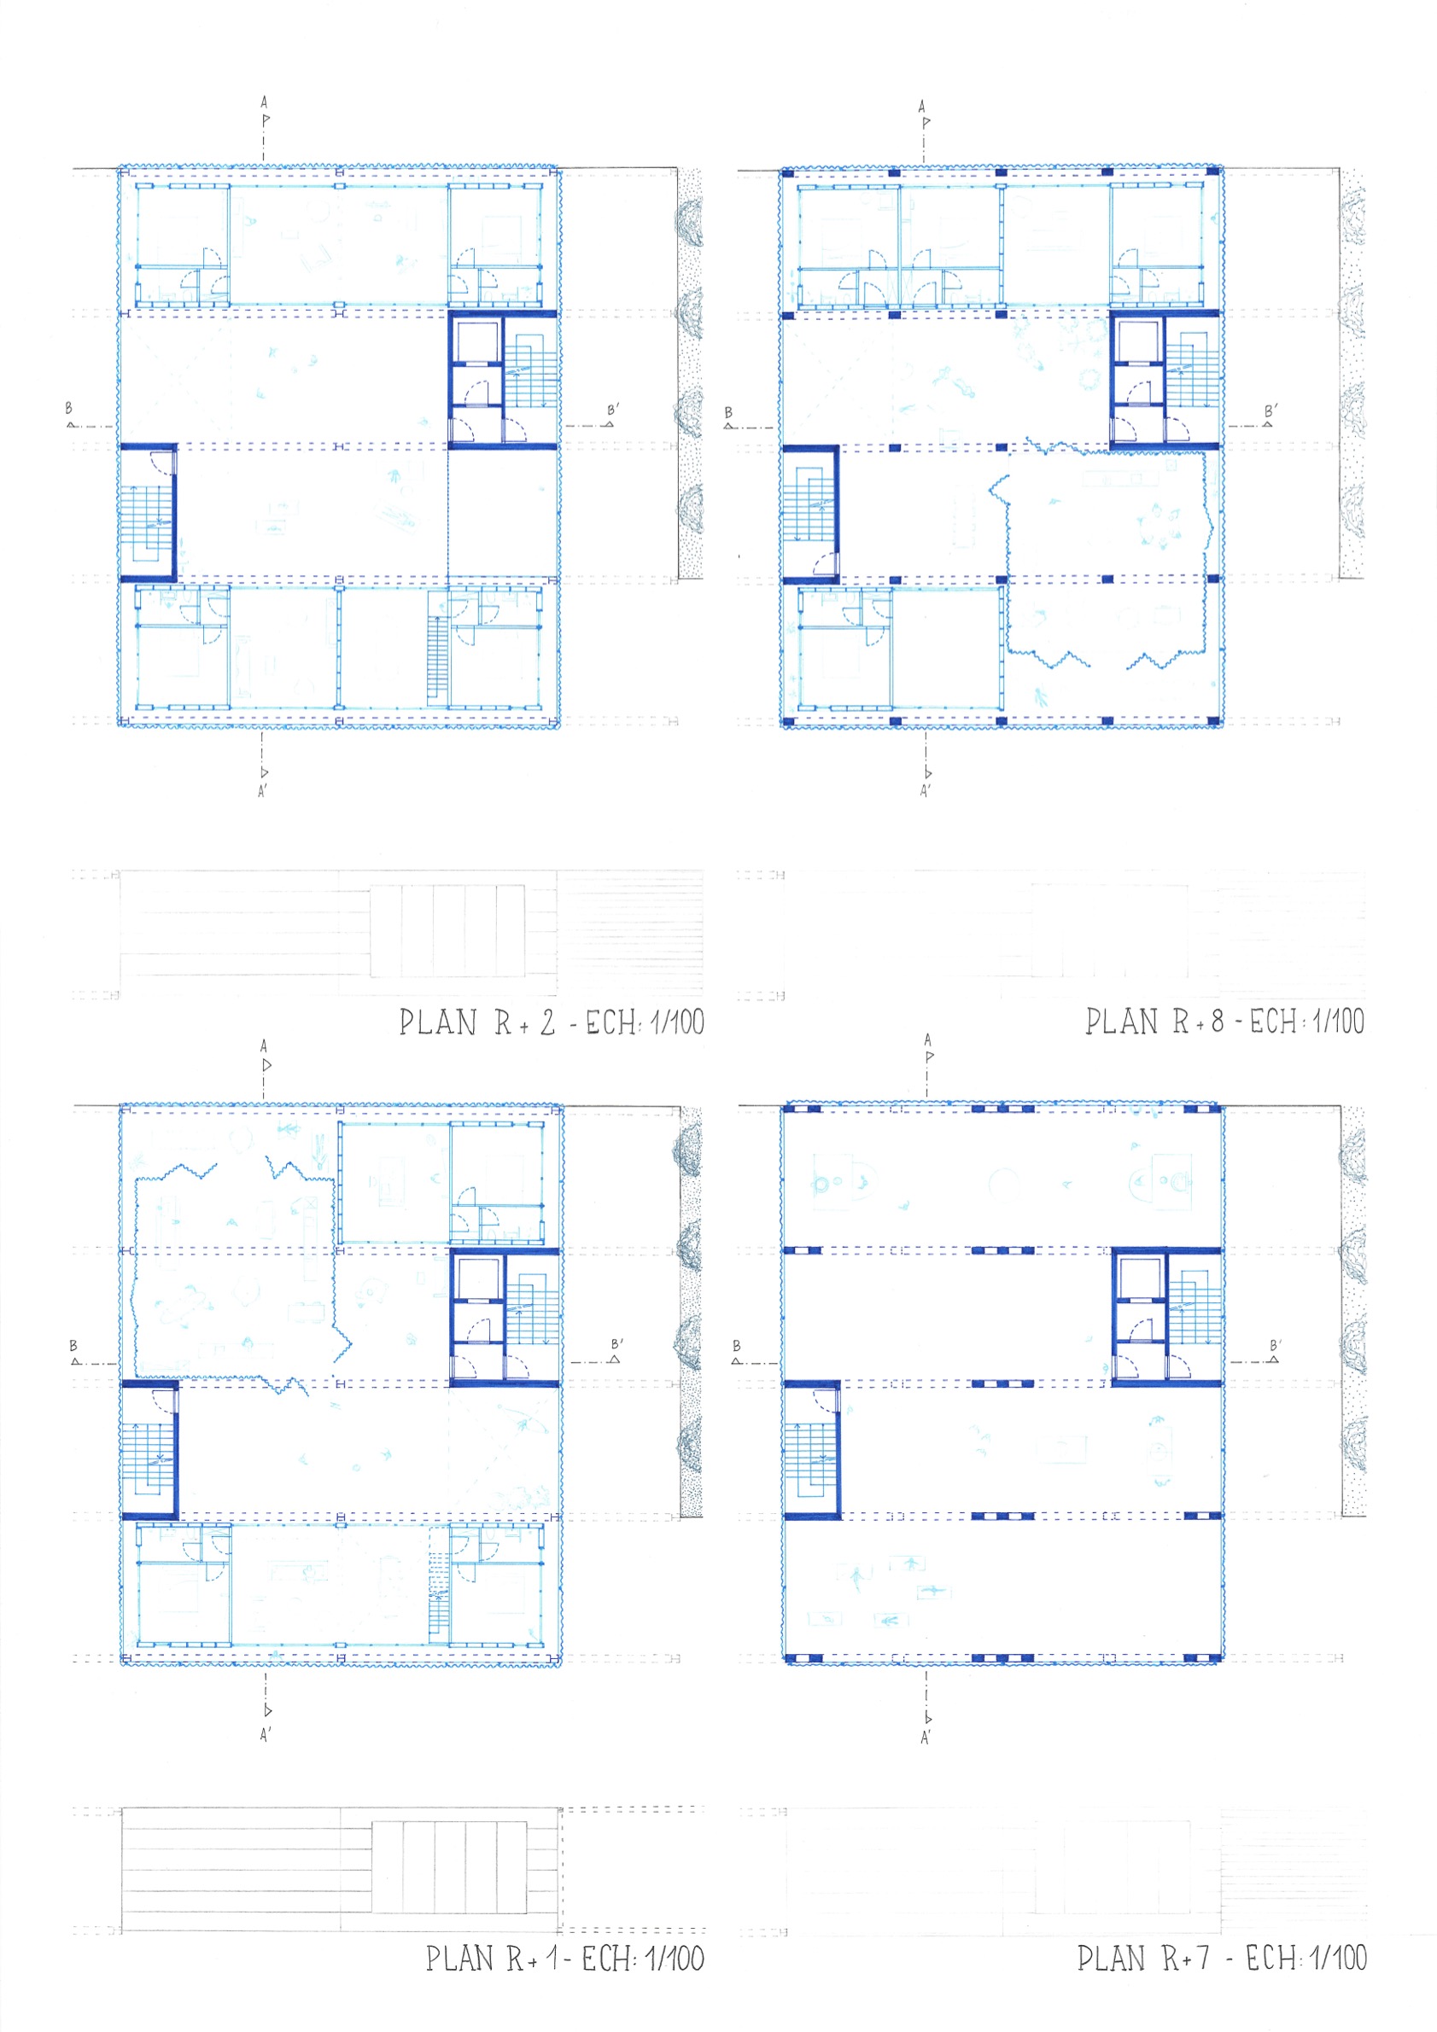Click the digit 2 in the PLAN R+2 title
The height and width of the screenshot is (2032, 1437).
click(548, 1023)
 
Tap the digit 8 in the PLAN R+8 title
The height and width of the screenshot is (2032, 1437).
click(1218, 1022)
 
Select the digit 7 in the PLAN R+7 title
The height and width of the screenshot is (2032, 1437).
click(1203, 1958)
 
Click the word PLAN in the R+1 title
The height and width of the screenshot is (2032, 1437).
click(459, 1959)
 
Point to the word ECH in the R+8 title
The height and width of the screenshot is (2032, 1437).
click(1273, 1022)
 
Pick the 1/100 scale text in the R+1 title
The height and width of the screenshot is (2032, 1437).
click(675, 1958)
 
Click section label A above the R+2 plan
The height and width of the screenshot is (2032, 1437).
click(264, 102)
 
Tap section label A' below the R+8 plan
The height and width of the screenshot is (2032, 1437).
click(926, 791)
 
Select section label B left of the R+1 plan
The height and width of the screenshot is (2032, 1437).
click(73, 1345)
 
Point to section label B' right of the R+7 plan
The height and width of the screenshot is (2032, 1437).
click(1276, 1345)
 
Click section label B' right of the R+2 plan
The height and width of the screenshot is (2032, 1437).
click(613, 410)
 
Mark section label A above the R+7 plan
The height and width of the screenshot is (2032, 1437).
click(927, 1039)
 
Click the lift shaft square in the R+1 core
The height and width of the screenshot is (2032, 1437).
click(478, 1278)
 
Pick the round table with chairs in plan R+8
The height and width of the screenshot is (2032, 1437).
click(1158, 526)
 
